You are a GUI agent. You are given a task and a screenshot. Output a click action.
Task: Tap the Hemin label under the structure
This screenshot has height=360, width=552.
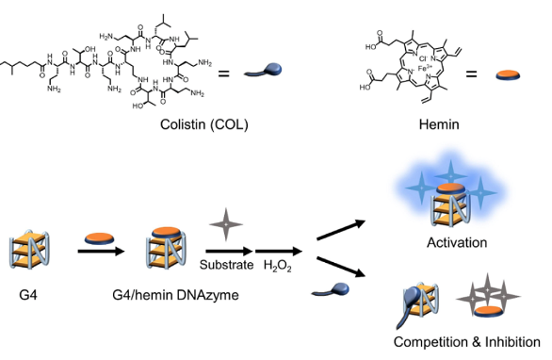coord(429,125)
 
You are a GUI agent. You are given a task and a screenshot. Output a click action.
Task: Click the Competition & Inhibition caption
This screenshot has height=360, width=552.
coord(468,342)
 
